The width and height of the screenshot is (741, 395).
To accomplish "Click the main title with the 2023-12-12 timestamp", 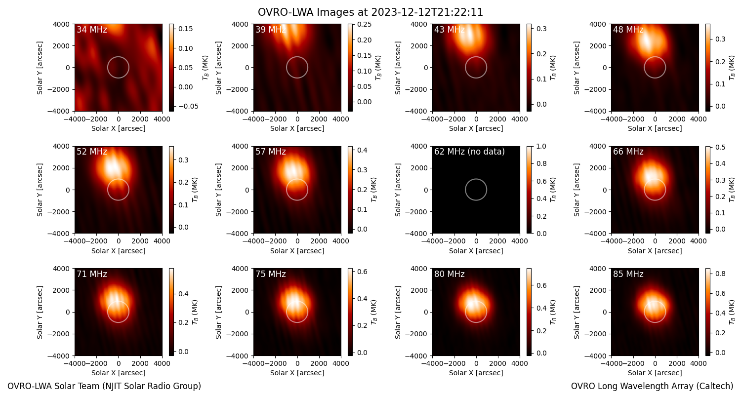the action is (370, 12).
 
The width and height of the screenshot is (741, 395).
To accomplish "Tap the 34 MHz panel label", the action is (92, 30).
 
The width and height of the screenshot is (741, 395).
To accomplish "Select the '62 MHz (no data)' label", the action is (469, 152).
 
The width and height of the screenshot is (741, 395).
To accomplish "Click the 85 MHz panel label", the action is (628, 274).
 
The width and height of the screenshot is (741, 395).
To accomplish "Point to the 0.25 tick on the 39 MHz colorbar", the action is (364, 25).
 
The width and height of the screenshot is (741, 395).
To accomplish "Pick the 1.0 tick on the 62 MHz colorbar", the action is (541, 147).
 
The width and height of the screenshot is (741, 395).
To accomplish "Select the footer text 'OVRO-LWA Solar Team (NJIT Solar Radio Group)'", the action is (104, 386).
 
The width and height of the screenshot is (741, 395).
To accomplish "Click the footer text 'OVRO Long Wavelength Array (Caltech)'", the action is (652, 386).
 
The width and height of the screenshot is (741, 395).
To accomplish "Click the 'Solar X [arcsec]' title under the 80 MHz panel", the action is (476, 373).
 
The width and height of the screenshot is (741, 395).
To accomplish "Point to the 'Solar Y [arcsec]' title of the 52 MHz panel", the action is (40, 190).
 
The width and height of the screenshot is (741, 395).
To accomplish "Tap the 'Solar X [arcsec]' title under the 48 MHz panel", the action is (655, 128).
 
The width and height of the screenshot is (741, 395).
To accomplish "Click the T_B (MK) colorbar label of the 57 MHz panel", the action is (374, 190).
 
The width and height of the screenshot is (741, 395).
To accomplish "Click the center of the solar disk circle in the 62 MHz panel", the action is (476, 190).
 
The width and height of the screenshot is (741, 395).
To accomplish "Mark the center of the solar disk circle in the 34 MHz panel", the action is (119, 68).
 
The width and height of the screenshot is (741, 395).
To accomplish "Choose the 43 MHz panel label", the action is (450, 30).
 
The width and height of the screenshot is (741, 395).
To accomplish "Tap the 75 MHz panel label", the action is (271, 274).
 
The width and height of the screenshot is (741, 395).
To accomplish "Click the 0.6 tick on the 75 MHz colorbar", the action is (363, 272).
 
